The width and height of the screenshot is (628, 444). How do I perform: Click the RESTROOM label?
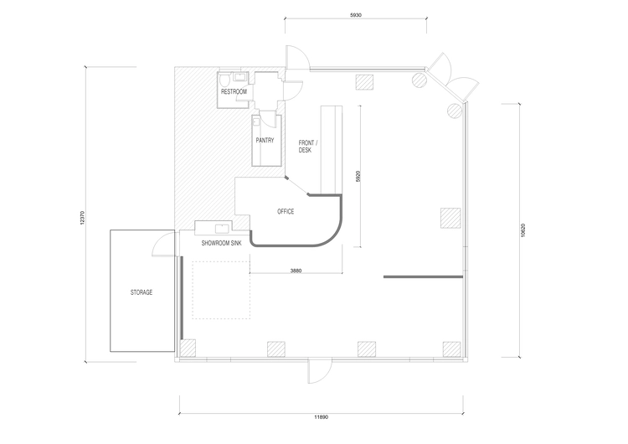pyautogui.click(x=234, y=92)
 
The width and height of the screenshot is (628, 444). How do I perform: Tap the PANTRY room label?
pyautogui.click(x=265, y=140)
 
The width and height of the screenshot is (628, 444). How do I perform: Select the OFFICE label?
pyautogui.click(x=286, y=211)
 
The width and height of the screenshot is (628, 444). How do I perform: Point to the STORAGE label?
pyautogui.click(x=142, y=292)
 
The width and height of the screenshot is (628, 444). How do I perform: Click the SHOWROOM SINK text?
pyautogui.click(x=222, y=243)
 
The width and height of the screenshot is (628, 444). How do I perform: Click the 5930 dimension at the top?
pyautogui.click(x=356, y=15)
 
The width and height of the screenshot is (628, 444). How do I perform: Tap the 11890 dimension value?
pyautogui.click(x=322, y=417)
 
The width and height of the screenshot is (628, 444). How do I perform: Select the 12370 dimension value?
pyautogui.click(x=82, y=218)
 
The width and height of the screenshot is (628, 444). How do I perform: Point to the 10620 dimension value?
pyautogui.click(x=522, y=230)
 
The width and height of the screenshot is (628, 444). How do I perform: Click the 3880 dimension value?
pyautogui.click(x=296, y=271)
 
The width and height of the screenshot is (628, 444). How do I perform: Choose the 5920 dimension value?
pyautogui.click(x=358, y=176)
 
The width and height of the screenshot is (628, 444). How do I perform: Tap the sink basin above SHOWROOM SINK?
pyautogui.click(x=222, y=229)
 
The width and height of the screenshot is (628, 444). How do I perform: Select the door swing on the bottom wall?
pyautogui.click(x=320, y=371)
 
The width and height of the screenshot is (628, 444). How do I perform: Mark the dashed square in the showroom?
pyautogui.click(x=221, y=290)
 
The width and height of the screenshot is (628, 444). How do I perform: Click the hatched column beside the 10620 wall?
pyautogui.click(x=450, y=218)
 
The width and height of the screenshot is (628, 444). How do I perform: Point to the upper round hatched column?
pyautogui.click(x=420, y=80)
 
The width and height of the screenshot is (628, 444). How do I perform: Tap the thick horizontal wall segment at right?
pyautogui.click(x=424, y=277)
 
